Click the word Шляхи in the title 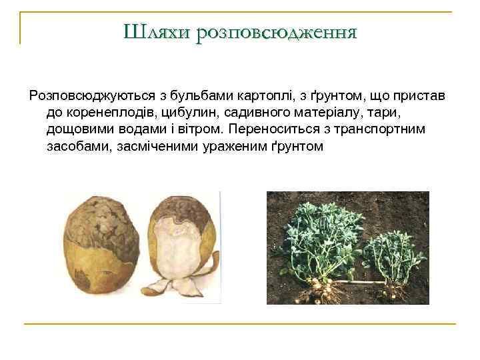(x=157, y=32)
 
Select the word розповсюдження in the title (x=277, y=32)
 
